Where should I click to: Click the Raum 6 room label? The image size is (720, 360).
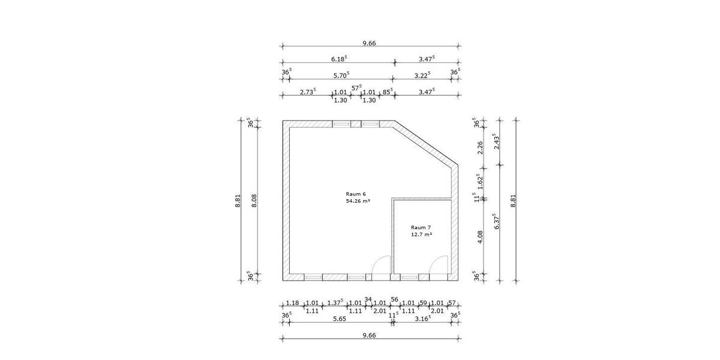(x=355, y=194)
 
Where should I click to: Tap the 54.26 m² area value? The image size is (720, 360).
(x=358, y=201)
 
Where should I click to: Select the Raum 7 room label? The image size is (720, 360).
(x=421, y=227)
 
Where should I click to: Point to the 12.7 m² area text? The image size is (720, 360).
(x=421, y=235)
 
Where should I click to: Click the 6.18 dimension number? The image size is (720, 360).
(x=339, y=59)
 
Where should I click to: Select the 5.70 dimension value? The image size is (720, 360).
(x=341, y=75)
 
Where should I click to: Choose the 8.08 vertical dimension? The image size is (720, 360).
(x=254, y=200)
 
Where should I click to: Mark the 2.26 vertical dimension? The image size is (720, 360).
(x=480, y=148)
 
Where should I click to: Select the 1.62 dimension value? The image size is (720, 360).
(x=479, y=182)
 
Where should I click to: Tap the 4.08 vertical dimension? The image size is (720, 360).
(x=480, y=237)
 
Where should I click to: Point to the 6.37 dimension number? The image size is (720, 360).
(x=496, y=221)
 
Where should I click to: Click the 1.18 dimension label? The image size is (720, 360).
(x=293, y=303)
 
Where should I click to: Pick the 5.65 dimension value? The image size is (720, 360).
(x=340, y=319)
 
